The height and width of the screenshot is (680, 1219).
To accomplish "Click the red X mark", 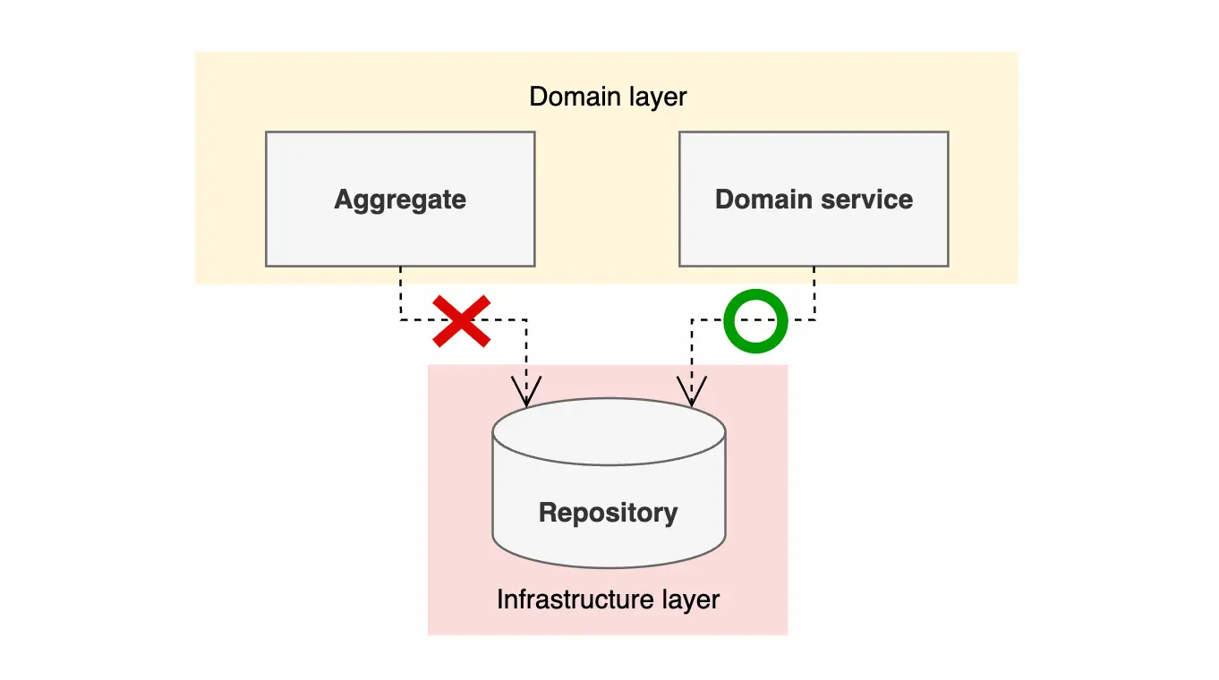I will [x=461, y=319].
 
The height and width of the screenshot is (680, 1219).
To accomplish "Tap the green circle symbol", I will [x=755, y=320].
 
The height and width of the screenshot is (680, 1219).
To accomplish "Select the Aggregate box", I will [x=400, y=233].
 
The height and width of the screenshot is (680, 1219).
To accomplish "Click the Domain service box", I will [x=813, y=233].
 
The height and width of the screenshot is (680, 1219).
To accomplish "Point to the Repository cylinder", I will [x=609, y=537].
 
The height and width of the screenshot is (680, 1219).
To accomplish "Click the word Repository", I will [x=609, y=513].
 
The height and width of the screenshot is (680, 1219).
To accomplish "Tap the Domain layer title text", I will [x=608, y=97].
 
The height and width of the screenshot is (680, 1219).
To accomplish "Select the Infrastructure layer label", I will [x=608, y=599].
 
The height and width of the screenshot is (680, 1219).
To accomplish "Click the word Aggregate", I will [x=400, y=199].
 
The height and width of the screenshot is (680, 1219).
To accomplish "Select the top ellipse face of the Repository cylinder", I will [x=609, y=432].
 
